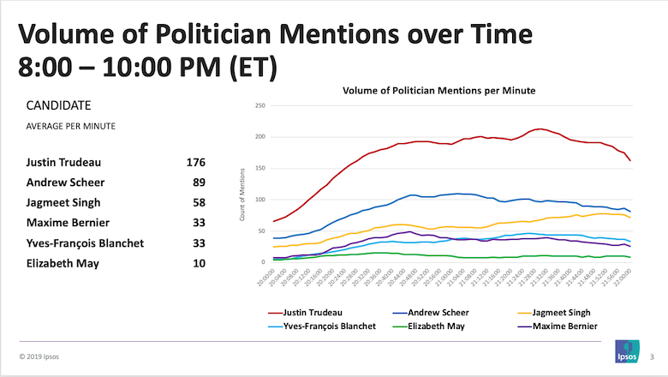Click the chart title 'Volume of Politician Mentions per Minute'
439,90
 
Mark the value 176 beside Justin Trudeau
195,162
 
